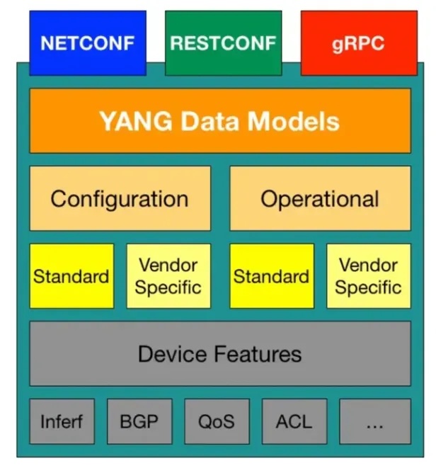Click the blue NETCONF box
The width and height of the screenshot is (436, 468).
[87, 42]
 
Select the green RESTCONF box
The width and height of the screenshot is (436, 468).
[222, 42]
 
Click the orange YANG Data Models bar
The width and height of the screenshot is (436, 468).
[219, 120]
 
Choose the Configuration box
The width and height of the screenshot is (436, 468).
[120, 198]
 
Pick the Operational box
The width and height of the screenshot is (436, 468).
[320, 198]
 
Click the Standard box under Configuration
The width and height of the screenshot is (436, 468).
[71, 276]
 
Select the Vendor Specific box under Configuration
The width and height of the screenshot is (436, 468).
[168, 276]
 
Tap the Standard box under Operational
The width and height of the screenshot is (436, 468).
[272, 276]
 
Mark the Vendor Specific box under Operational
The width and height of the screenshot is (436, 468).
[368, 276]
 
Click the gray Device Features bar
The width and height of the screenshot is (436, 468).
[219, 353]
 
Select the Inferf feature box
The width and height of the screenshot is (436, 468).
[62, 422]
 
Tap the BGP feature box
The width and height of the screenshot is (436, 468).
[139, 422]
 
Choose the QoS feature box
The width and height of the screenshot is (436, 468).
[216, 422]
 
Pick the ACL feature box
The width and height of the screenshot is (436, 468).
[293, 422]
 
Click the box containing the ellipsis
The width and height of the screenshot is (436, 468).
[374, 422]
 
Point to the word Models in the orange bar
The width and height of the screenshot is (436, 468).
[297, 121]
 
